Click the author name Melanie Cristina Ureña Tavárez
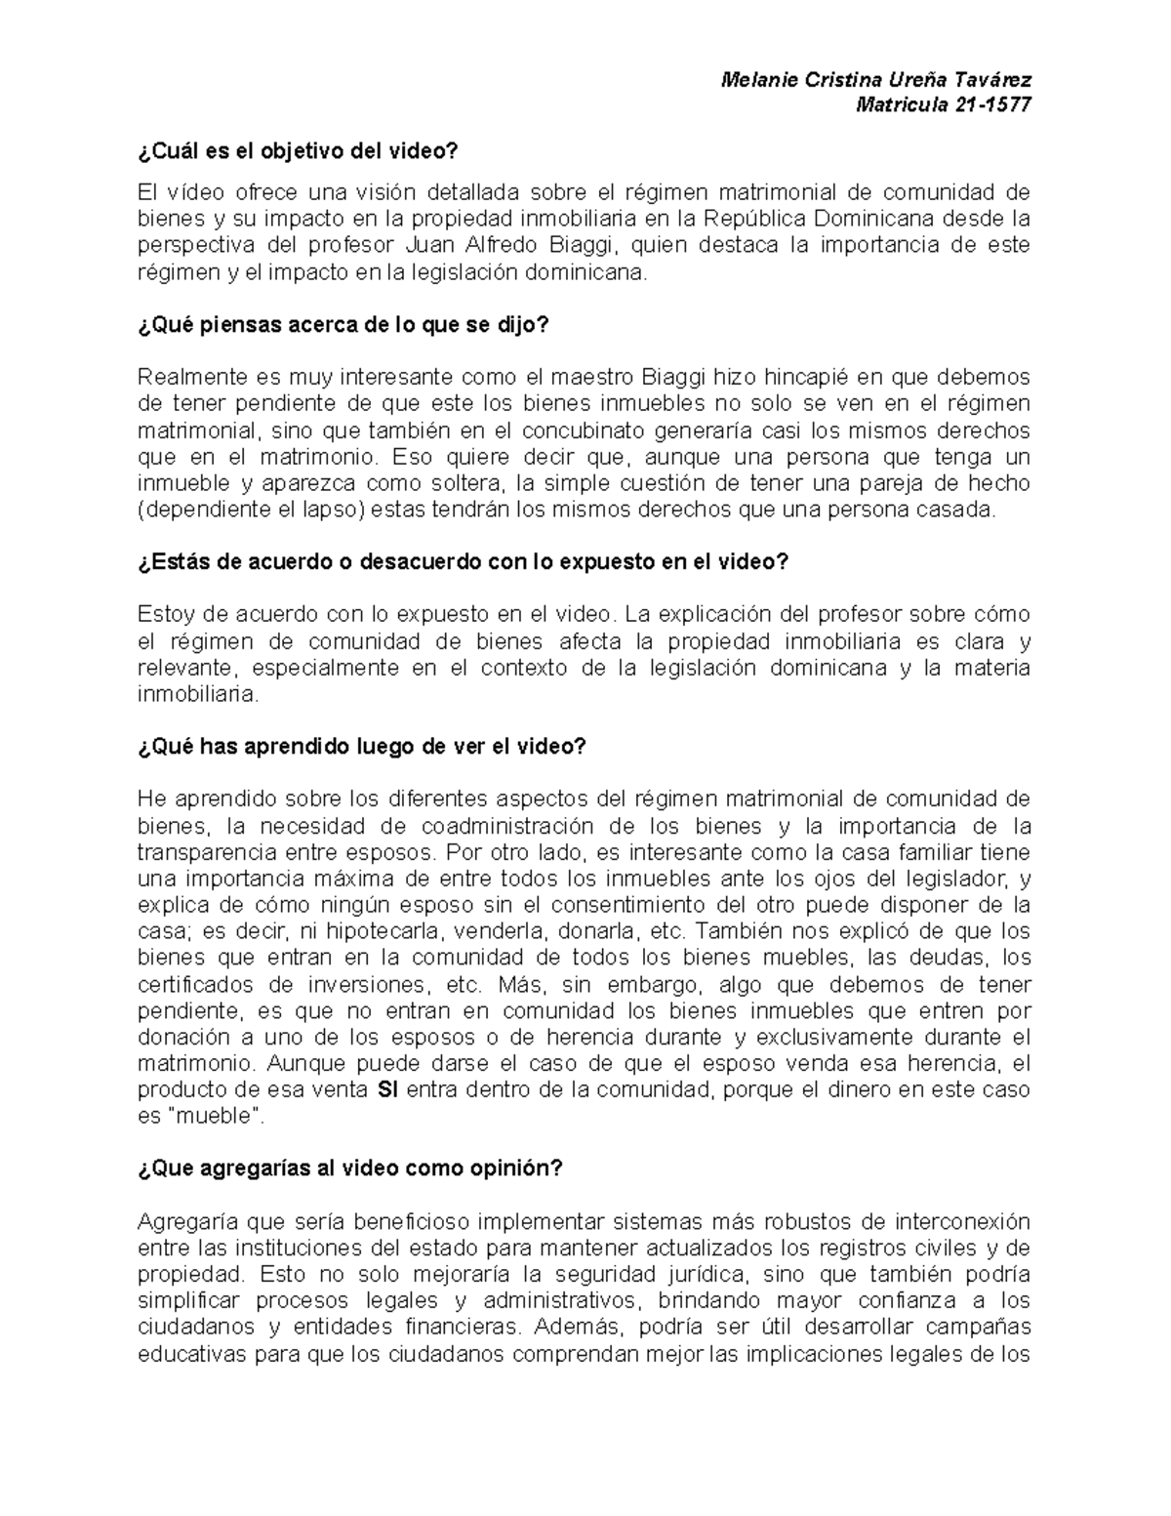click(x=874, y=80)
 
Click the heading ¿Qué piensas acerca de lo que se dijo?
click(x=343, y=326)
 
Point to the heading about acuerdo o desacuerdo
click(x=463, y=562)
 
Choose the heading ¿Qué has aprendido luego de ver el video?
click(x=362, y=746)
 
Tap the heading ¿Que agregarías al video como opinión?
click(x=350, y=1168)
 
